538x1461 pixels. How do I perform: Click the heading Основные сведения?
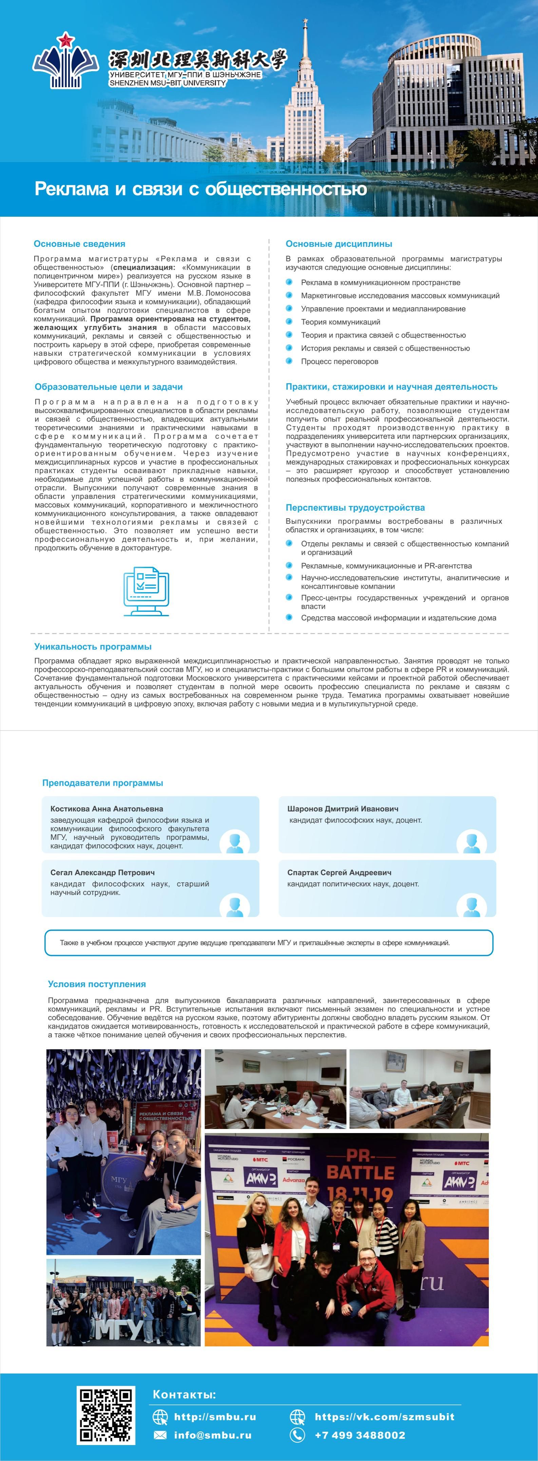coord(79,244)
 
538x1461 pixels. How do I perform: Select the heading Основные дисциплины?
coord(339,244)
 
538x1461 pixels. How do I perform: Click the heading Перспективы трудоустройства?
coord(355,508)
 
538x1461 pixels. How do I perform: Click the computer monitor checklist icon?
coord(147,591)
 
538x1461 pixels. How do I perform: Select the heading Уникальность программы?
coord(93,646)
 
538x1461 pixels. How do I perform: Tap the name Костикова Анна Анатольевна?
coord(107,809)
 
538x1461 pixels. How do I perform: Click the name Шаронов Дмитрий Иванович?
coord(343,809)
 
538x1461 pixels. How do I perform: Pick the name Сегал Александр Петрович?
coord(103,872)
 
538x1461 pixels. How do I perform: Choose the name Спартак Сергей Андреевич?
coord(339,872)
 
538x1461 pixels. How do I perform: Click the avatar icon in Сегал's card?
coord(234,906)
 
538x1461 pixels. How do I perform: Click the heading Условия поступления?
coord(97,984)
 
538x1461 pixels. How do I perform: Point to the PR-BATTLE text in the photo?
coord(361,1164)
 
